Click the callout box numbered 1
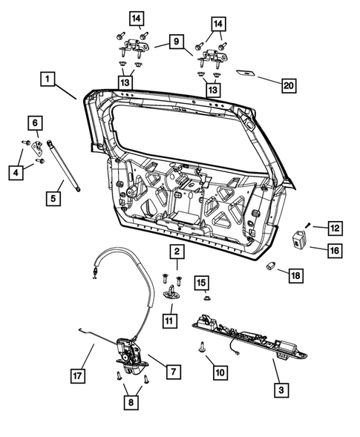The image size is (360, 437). (x=47, y=78)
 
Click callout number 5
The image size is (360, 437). (x=53, y=198)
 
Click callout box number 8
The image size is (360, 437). (x=131, y=403)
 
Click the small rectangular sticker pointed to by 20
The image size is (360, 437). (x=246, y=74)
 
